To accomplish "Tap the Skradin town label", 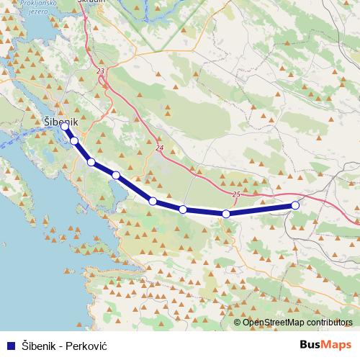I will point(90,3).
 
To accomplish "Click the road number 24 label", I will point(159,148).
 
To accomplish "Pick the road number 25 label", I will point(236,194).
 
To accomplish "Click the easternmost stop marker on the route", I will point(295,206).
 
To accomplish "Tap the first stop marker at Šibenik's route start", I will point(65,127).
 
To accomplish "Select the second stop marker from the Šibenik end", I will point(74,140).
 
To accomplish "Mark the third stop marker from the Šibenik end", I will point(91,162).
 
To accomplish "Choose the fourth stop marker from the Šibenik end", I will point(116,175).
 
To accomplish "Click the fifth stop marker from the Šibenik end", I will point(153,201).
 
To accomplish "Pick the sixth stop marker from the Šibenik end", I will point(183,210).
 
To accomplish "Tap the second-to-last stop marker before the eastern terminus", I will point(226,214).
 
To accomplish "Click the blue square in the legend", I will point(12,345).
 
